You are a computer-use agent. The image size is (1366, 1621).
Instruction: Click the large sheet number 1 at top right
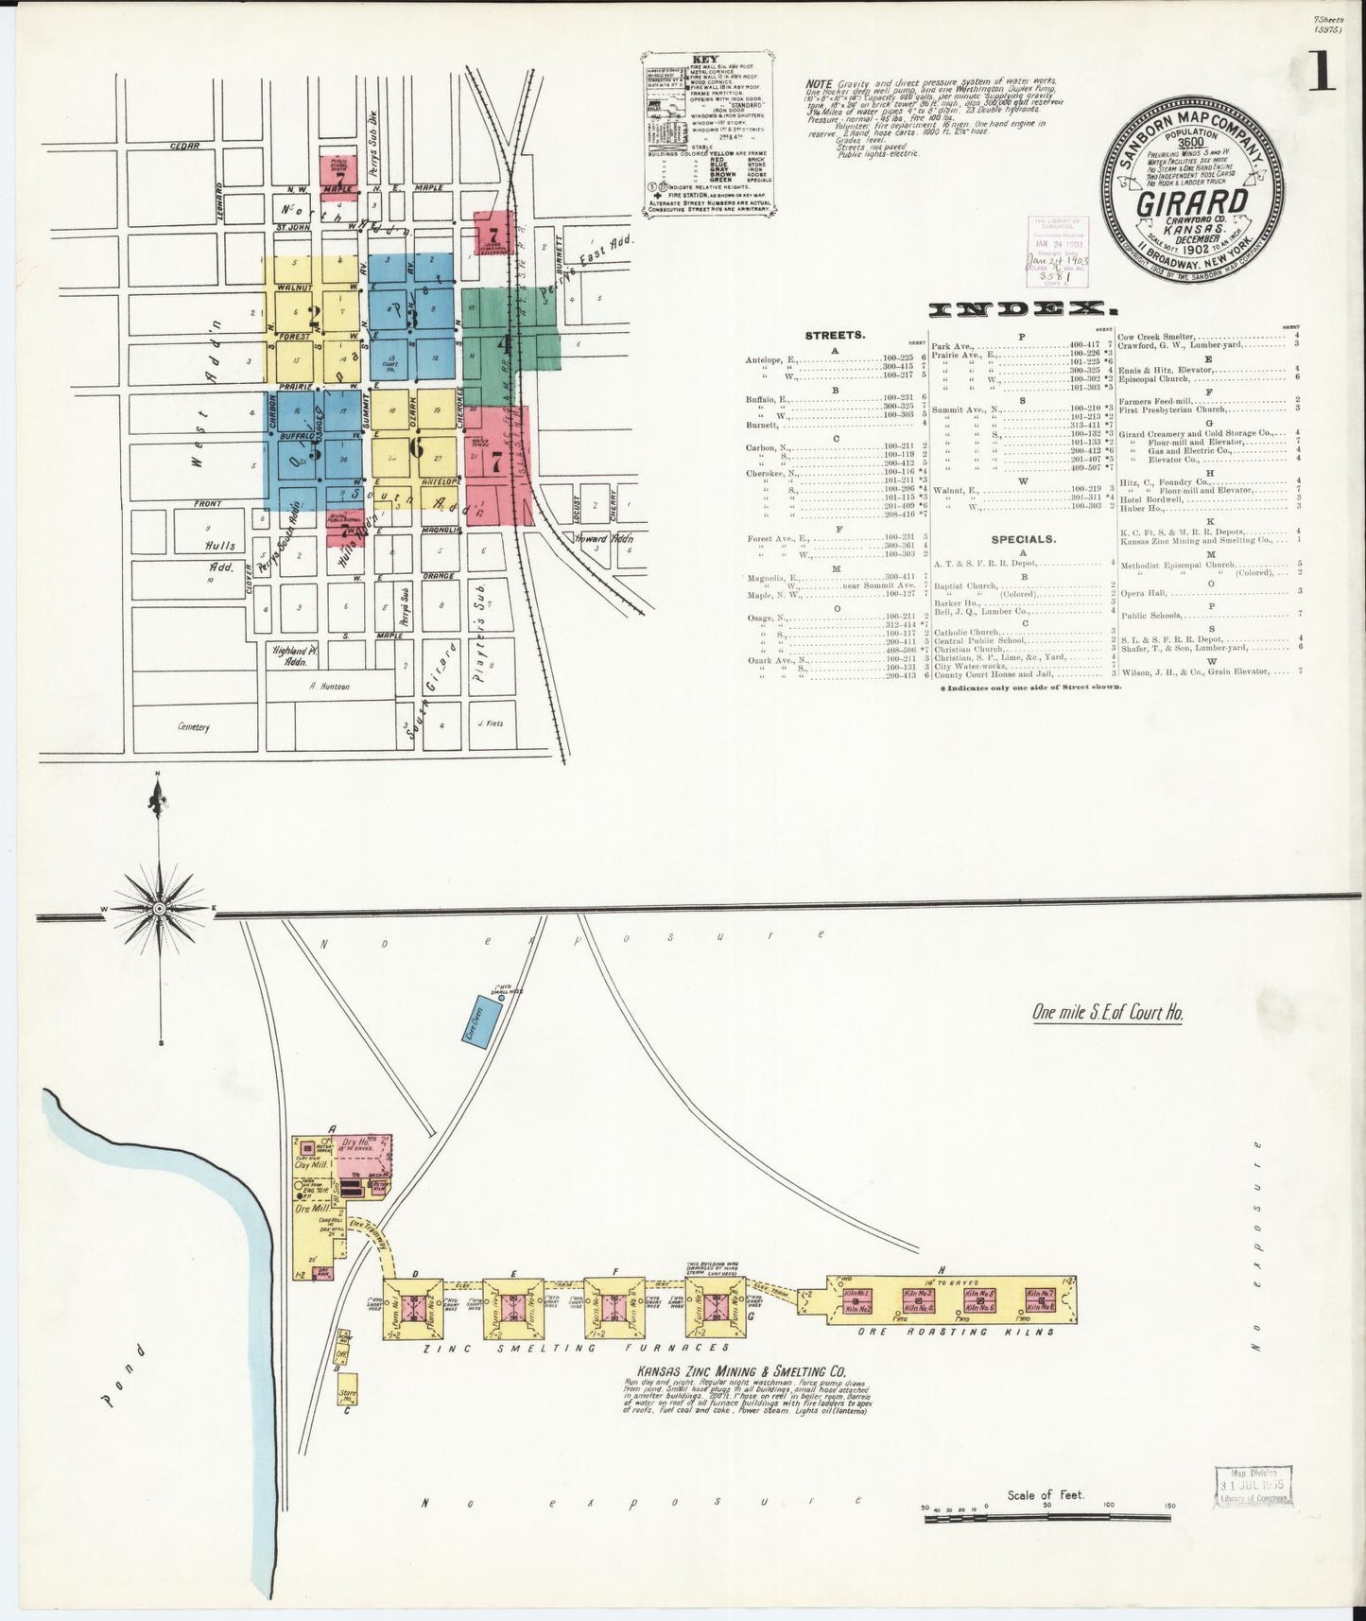(1322, 72)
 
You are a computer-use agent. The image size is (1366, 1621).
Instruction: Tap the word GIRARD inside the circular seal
(1188, 202)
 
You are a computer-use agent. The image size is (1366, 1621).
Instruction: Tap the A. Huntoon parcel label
(328, 687)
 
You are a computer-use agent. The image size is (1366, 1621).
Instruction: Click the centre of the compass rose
(160, 908)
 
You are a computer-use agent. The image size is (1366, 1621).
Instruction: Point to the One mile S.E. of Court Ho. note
(1107, 1012)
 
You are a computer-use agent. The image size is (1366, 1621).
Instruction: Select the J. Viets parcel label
(492, 724)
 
